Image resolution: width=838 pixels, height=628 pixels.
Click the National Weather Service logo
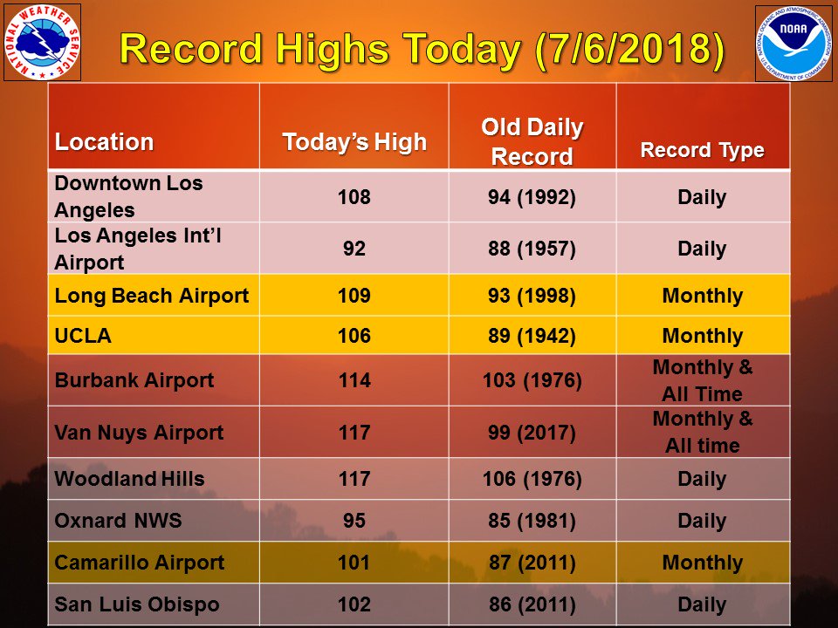tap(42, 42)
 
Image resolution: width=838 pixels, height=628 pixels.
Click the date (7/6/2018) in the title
tap(628, 50)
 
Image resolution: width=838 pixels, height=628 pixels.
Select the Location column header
tap(104, 142)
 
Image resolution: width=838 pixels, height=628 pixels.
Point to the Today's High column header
tap(354, 142)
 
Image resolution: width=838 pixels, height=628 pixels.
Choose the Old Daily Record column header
tap(532, 142)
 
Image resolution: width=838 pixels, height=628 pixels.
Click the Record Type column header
tap(702, 150)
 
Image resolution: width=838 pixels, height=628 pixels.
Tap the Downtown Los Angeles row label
tap(128, 197)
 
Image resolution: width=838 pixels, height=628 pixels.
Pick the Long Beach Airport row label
tap(151, 296)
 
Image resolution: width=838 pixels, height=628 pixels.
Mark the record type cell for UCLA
tap(702, 337)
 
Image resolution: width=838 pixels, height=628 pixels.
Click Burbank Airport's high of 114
tap(354, 381)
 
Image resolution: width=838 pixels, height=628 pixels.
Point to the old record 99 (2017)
tap(532, 433)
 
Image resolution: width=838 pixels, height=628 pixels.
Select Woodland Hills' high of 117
tap(354, 479)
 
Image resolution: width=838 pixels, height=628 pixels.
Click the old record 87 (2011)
tap(532, 563)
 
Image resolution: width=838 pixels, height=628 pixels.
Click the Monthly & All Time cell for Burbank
tap(702, 381)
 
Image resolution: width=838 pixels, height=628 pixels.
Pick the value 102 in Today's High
tap(354, 604)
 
